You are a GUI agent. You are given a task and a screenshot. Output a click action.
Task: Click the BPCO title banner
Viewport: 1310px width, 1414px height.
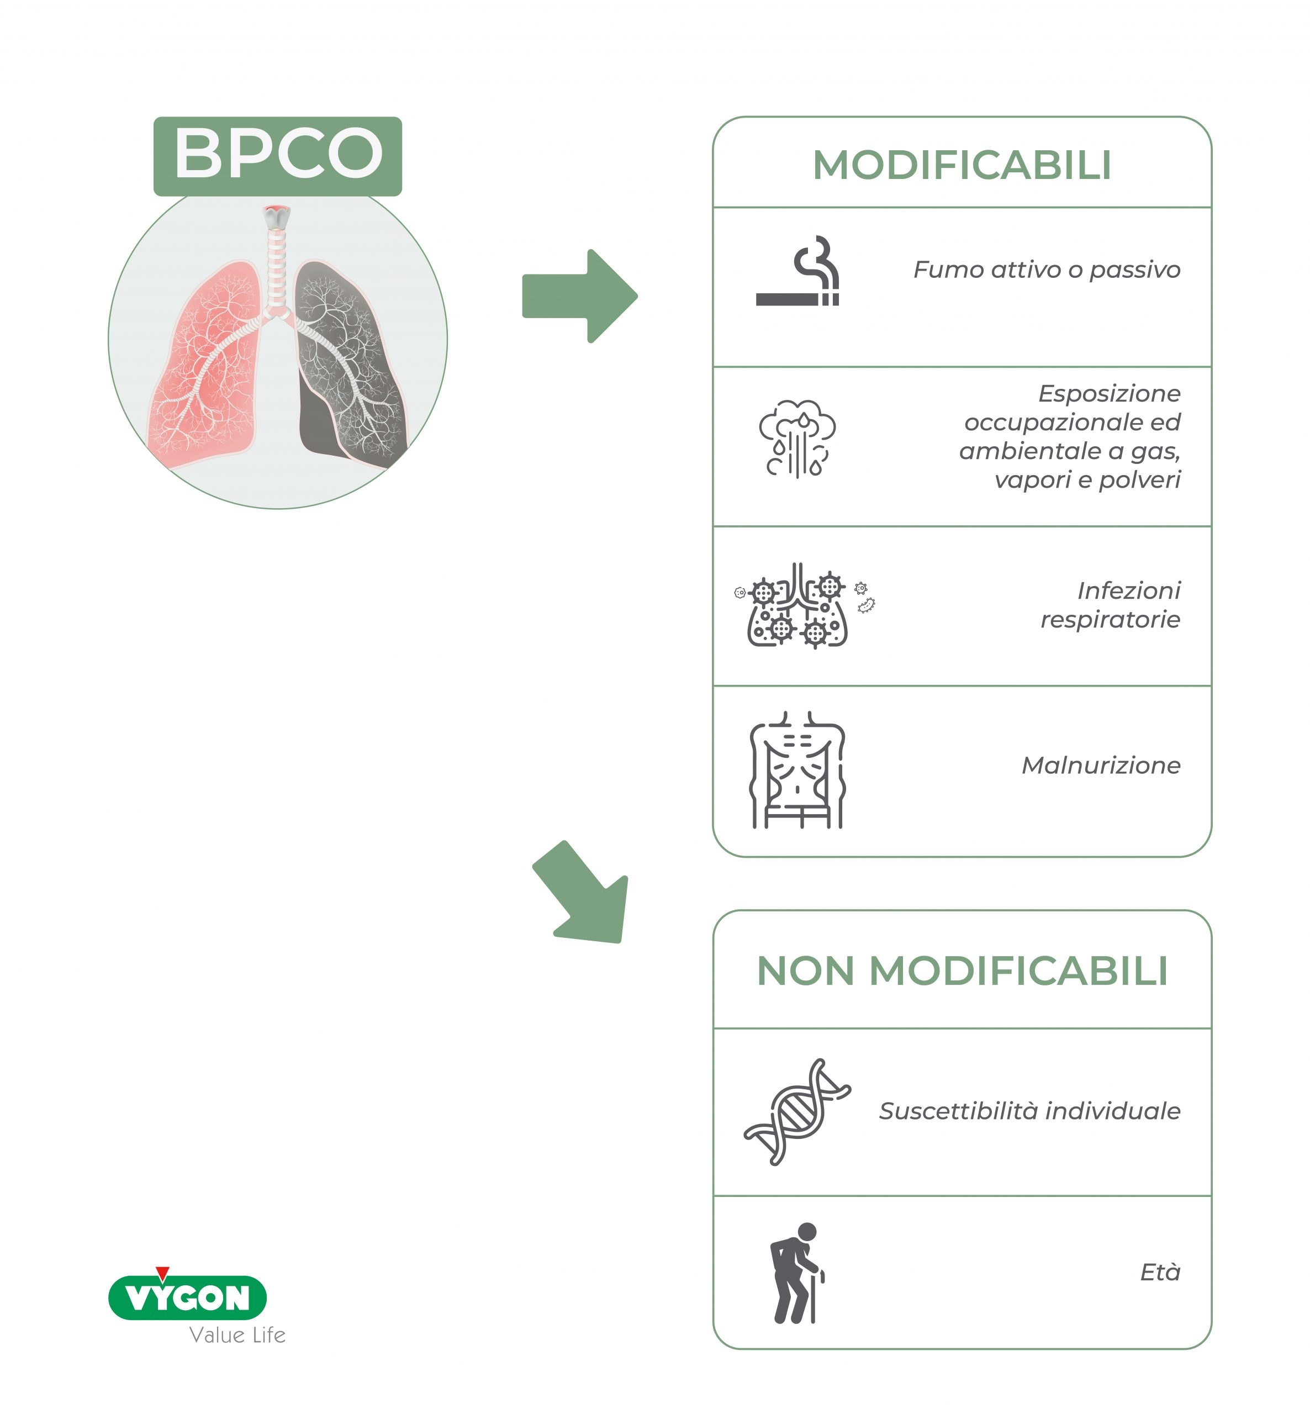pos(278,156)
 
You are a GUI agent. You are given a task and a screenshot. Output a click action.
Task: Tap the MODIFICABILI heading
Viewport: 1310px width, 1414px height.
pos(962,166)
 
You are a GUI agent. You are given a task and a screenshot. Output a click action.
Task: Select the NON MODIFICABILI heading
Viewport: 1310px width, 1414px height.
pos(962,970)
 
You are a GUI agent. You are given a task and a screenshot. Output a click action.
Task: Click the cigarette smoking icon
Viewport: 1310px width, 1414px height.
pos(798,271)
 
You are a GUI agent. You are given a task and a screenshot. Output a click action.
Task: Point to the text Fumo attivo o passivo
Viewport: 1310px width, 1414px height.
pos(1047,270)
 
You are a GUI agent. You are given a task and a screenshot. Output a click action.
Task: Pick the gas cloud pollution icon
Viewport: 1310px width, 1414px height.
pos(797,439)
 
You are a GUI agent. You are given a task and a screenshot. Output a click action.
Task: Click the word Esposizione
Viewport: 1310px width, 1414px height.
pos(1110,393)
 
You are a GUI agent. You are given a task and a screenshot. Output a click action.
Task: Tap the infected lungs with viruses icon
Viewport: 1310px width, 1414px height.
pos(804,605)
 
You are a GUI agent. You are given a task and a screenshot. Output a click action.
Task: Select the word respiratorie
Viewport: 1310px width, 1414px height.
pos(1110,620)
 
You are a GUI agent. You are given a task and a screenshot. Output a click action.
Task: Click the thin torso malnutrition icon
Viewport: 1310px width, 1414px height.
pos(797,770)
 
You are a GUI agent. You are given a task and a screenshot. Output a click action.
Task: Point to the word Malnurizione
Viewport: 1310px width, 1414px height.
pos(1101,766)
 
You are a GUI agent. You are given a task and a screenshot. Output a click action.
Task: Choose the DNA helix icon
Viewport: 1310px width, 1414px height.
pos(797,1111)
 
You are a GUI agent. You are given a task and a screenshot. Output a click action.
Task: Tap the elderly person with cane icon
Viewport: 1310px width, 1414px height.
pos(797,1273)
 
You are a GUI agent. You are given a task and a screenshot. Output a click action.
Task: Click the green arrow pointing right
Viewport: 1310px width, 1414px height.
pos(580,296)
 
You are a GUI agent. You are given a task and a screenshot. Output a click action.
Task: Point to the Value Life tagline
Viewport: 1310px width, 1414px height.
pos(237,1336)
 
